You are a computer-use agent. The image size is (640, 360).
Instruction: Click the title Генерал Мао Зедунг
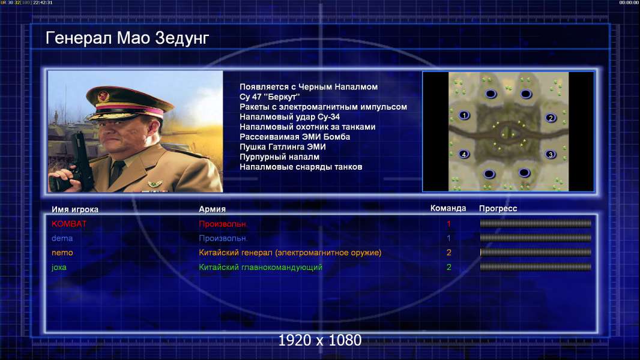127,38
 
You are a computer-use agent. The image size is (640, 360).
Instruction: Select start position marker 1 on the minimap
463,115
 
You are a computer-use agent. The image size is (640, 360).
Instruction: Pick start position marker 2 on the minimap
551,118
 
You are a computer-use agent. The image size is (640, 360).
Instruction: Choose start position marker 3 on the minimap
551,155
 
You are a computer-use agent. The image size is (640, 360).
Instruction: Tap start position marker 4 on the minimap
463,154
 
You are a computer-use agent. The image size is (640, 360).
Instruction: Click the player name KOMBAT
69,224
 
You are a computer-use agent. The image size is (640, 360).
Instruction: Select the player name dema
62,238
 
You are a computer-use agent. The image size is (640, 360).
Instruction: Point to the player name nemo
62,253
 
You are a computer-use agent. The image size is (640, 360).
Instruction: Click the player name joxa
59,268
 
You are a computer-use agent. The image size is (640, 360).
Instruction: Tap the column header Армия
213,209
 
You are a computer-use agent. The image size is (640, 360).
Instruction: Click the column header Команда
448,208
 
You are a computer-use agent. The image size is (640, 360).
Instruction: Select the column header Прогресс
498,208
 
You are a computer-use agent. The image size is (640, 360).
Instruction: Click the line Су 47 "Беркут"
270,97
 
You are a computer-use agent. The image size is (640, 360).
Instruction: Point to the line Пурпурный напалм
280,157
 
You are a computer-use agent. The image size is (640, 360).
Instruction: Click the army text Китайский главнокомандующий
261,268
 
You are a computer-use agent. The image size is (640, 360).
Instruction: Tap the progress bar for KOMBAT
536,223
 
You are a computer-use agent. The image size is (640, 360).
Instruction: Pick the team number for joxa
449,268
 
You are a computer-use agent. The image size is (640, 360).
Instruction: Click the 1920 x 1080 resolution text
320,340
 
